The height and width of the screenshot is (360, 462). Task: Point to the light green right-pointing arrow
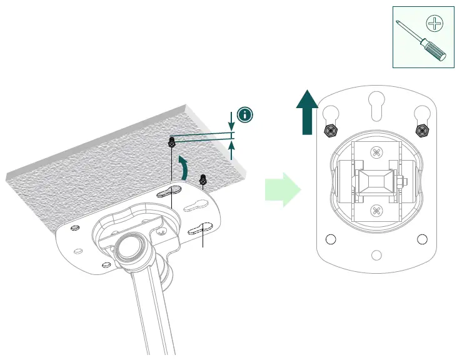click(x=282, y=189)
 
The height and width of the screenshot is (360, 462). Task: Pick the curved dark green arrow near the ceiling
click(x=183, y=168)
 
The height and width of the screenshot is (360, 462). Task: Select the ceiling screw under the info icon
click(x=171, y=141)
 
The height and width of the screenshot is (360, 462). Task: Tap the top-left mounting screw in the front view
click(x=330, y=130)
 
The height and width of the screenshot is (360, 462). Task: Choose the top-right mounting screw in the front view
click(x=422, y=130)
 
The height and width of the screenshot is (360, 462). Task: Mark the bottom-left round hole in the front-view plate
click(x=331, y=239)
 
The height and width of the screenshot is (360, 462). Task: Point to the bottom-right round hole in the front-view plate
click(x=422, y=239)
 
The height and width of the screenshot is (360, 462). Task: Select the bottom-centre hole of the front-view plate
click(x=376, y=255)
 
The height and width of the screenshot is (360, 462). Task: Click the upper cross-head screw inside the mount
click(x=376, y=152)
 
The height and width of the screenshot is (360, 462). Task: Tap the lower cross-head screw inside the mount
click(x=376, y=210)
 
